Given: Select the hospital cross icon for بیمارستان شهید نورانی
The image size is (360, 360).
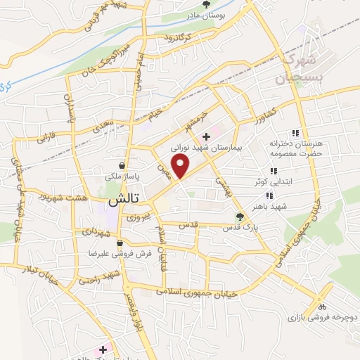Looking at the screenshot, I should coord(206,136).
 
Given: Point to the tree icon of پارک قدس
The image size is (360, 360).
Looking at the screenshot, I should coord(240,217).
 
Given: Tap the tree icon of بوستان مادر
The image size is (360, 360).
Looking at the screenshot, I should coord(206,4).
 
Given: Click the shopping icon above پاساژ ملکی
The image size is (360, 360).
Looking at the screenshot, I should coord(122,166).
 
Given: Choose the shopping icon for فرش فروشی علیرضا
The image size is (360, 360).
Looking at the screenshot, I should coord(120,243).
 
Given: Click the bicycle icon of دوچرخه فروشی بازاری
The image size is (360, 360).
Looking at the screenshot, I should coord(322,307).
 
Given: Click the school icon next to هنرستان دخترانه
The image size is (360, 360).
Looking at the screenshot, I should coord(296,133).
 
